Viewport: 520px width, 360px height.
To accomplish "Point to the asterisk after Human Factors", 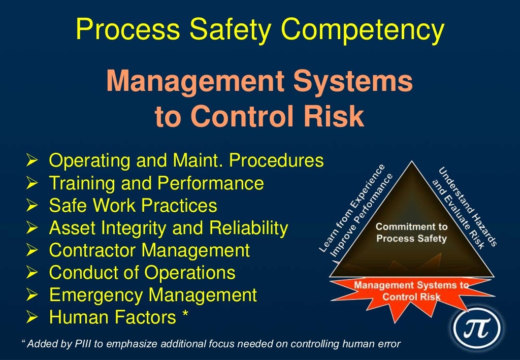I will coord(186,316).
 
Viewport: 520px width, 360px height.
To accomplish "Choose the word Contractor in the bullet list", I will coord(91,250).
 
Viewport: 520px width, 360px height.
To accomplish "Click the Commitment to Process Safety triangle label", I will coord(412,233).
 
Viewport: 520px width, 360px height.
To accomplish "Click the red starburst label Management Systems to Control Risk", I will coord(411,291).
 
